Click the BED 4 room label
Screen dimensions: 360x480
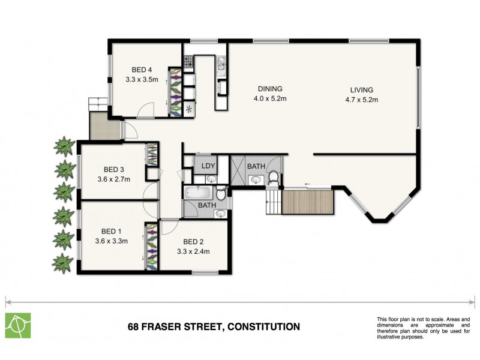pyautogui.click(x=142, y=70)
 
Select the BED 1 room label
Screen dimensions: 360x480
pyautogui.click(x=112, y=231)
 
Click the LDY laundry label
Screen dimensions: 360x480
pyautogui.click(x=208, y=166)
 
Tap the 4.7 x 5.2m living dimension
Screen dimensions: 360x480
pyautogui.click(x=364, y=100)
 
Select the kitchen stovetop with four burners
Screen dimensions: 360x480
pyautogui.click(x=188, y=61)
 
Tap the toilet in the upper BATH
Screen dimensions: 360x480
pyautogui.click(x=274, y=177)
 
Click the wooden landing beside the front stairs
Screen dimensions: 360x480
pyautogui.click(x=307, y=202)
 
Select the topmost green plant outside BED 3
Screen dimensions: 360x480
pyautogui.click(x=63, y=146)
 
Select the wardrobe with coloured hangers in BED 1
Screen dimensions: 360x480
pyautogui.click(x=151, y=246)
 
